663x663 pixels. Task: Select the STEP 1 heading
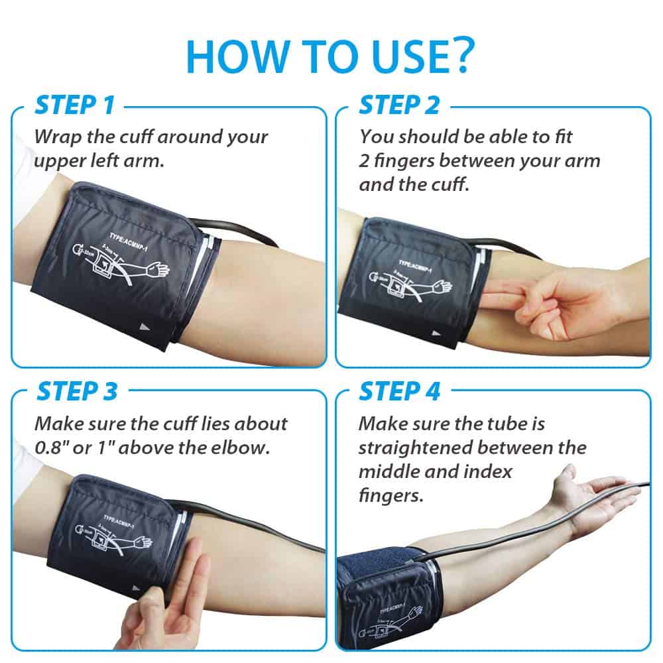[74, 105]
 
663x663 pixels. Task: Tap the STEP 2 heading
[399, 105]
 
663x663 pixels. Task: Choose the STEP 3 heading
[76, 391]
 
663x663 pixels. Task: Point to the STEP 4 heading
[399, 391]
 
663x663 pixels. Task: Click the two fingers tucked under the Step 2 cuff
[504, 298]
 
